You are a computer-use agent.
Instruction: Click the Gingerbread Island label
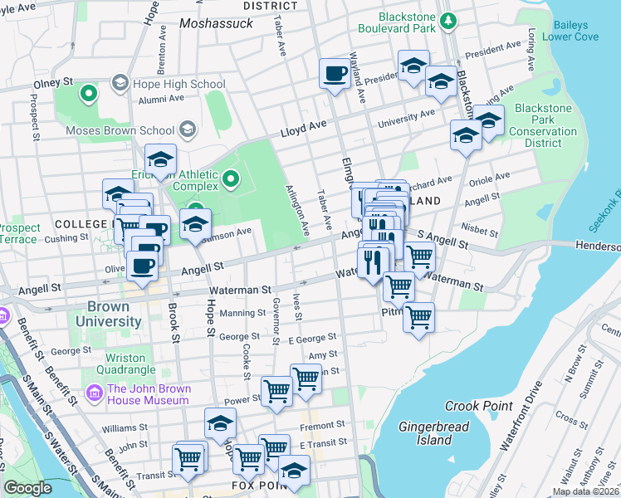[x=434, y=433]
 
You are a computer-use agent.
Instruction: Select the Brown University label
[x=108, y=314]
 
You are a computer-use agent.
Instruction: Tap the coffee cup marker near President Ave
[x=335, y=73]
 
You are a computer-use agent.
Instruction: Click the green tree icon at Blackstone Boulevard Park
[x=447, y=19]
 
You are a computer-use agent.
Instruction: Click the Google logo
[x=28, y=488]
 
